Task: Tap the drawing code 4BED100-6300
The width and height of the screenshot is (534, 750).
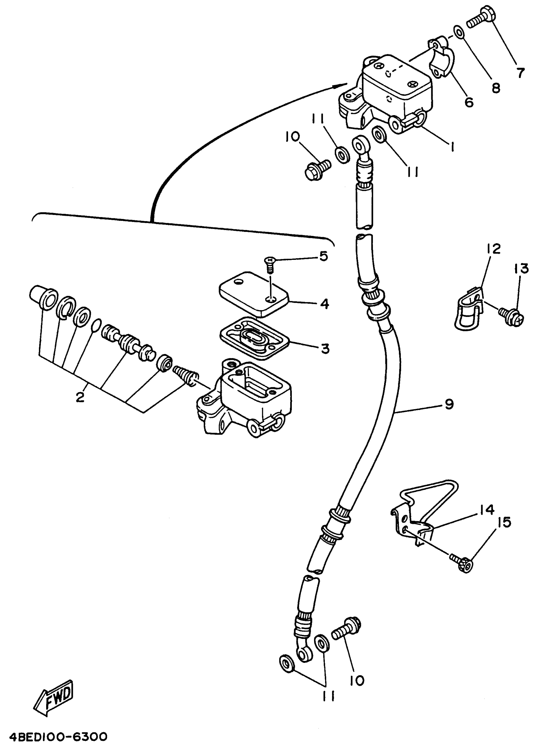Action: tap(58, 736)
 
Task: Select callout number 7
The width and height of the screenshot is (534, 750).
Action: tap(520, 73)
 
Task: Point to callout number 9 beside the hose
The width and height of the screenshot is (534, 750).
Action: tap(449, 404)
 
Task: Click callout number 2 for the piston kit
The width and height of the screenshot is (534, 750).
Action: tap(80, 397)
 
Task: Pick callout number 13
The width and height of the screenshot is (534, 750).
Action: tap(521, 269)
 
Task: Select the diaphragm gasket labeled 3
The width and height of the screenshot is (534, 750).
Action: tap(254, 339)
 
